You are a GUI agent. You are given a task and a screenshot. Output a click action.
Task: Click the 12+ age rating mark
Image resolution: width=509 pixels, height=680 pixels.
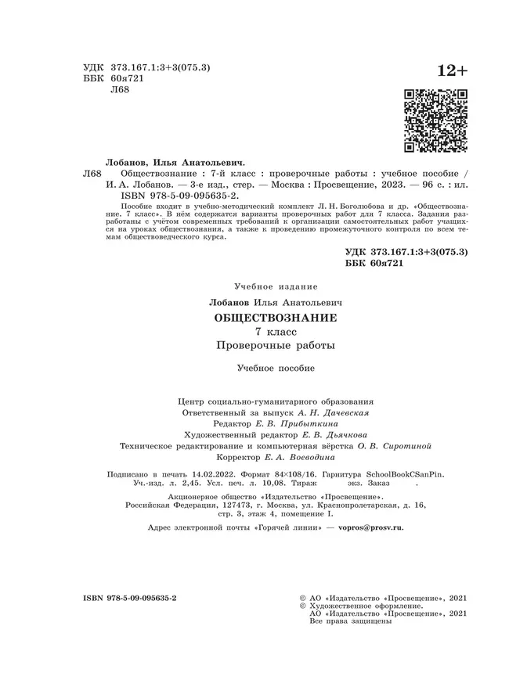click(447, 71)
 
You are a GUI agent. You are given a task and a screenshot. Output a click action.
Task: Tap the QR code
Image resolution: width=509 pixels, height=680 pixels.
click(435, 121)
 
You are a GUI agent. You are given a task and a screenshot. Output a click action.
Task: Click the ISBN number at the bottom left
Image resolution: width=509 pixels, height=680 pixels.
click(130, 597)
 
